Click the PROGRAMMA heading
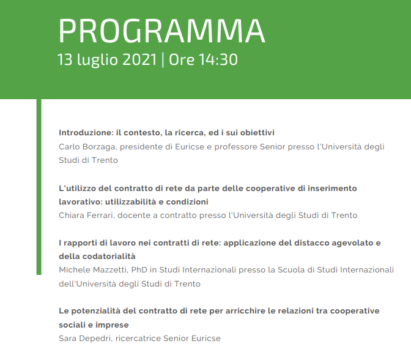pos(161,31)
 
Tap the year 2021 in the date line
pos(139,59)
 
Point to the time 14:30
pos(218,59)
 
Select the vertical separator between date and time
pos(163,60)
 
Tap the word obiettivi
pos(257,132)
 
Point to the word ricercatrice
pos(138,338)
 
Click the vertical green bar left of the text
pos(39,187)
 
